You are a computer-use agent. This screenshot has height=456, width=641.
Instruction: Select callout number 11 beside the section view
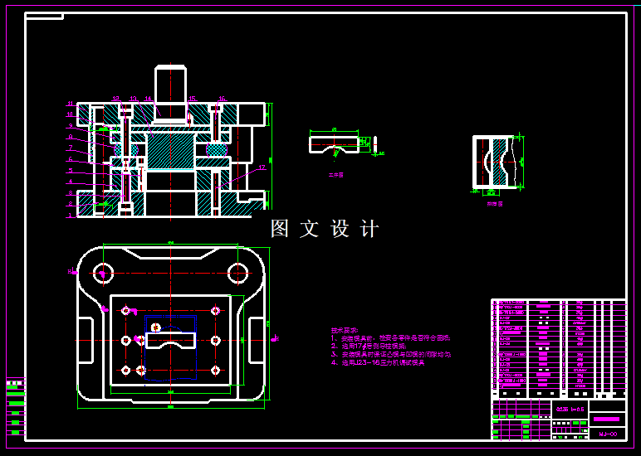coord(71,104)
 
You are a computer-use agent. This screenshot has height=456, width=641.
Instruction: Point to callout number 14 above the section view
coord(149,99)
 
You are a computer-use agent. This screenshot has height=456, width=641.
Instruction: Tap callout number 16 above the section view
coord(222,99)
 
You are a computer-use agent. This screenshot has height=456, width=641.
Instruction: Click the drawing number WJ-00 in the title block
coord(608,433)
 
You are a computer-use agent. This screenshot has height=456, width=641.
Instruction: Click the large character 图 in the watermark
coord(281,229)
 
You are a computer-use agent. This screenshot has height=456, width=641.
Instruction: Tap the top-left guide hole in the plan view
coord(103,271)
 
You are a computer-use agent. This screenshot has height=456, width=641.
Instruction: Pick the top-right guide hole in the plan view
coord(238,271)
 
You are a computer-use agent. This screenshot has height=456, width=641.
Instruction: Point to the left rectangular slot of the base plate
coord(86,331)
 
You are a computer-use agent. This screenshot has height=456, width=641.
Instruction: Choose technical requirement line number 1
coord(390,337)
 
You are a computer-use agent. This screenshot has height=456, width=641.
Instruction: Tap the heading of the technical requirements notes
coord(345,329)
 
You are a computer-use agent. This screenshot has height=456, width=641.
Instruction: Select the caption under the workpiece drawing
coord(335,175)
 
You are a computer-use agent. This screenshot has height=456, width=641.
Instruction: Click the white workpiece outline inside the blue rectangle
coord(170,339)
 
